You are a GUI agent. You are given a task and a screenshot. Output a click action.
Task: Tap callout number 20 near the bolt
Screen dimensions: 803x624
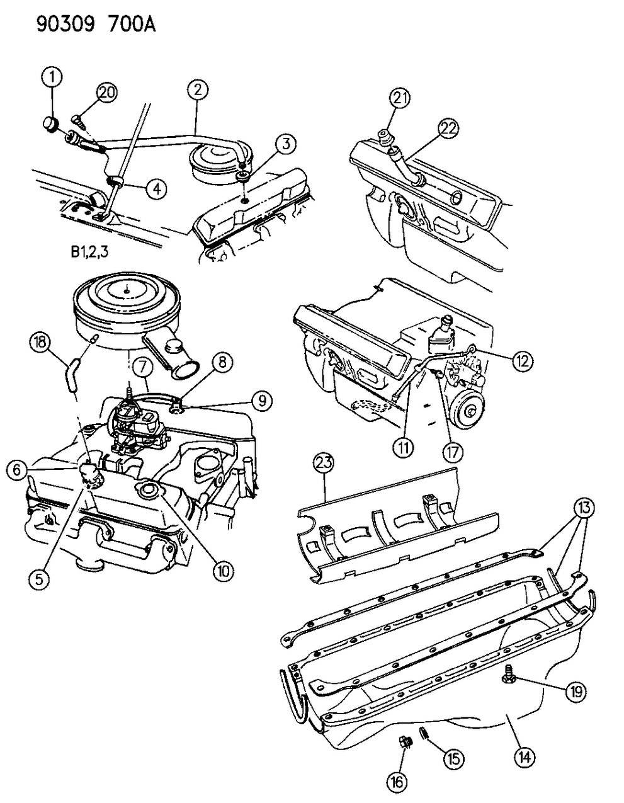tap(106, 93)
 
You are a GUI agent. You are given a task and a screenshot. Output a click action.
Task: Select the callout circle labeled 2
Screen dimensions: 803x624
tap(197, 91)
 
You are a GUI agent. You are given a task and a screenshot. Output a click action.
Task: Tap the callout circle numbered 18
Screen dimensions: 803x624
tap(40, 343)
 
